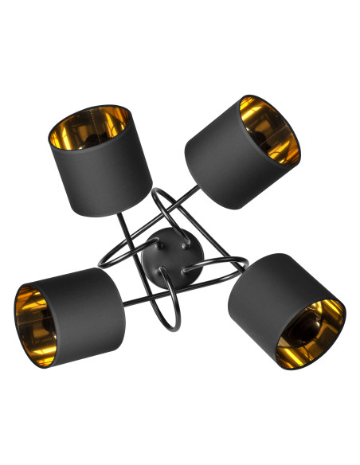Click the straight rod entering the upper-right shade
tap(191, 194)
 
